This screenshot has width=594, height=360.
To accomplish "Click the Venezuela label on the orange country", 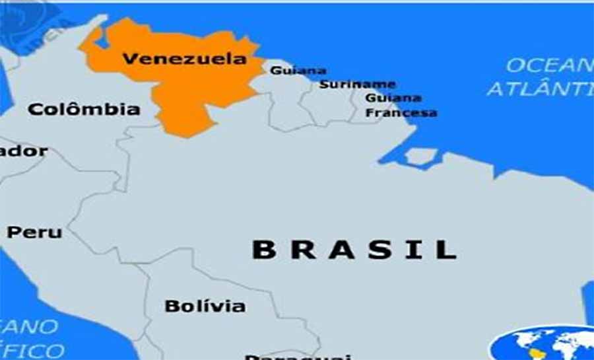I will pyautogui.click(x=184, y=59).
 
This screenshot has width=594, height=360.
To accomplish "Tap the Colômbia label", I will pyautogui.click(x=84, y=109).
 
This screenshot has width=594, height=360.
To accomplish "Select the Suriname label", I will pyautogui.click(x=358, y=85).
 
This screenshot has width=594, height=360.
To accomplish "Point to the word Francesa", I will pyautogui.click(x=401, y=113).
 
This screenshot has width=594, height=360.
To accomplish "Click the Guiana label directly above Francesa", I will pyautogui.click(x=393, y=98).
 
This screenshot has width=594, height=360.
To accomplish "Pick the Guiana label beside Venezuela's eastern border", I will pyautogui.click(x=298, y=71).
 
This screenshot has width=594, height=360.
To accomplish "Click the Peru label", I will pyautogui.click(x=34, y=233).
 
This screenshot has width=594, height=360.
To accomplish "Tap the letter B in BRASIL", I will pyautogui.click(x=263, y=250).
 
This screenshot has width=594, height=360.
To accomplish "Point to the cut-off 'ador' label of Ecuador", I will pyautogui.click(x=24, y=151).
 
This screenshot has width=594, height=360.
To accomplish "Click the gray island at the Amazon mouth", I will pyautogui.click(x=421, y=157).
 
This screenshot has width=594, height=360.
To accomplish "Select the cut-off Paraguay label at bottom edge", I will pyautogui.click(x=297, y=357).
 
